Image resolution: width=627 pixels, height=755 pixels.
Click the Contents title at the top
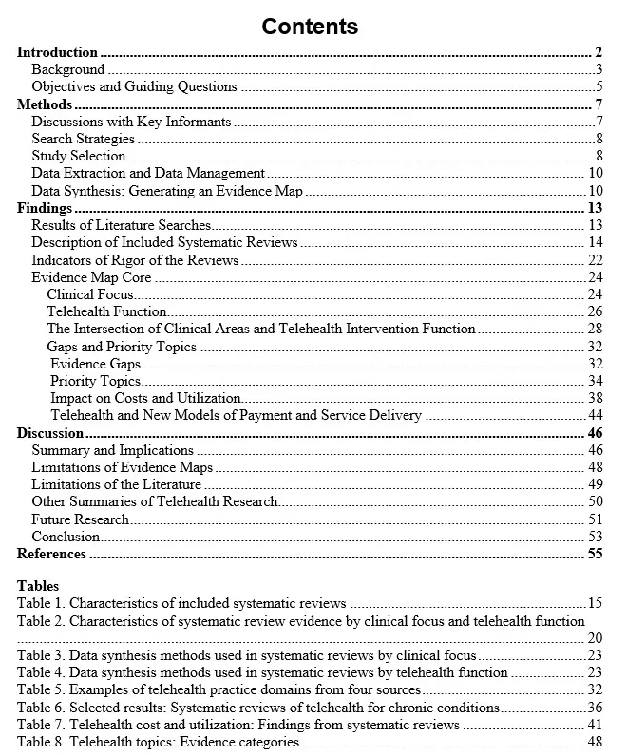pyautogui.click(x=310, y=26)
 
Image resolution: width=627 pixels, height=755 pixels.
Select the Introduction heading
pyautogui.click(x=57, y=52)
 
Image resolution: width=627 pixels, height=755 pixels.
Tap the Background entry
pyautogui.click(x=68, y=69)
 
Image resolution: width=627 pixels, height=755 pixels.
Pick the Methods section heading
pyautogui.click(x=45, y=104)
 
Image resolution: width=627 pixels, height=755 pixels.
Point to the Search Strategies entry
pyautogui.click(x=83, y=139)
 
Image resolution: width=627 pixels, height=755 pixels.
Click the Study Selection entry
pyautogui.click(x=78, y=156)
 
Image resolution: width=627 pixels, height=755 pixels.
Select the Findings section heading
pyautogui.click(x=45, y=208)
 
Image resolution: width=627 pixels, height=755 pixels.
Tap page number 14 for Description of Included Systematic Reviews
pyautogui.click(x=596, y=242)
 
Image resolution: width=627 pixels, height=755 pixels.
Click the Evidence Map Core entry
pyautogui.click(x=91, y=277)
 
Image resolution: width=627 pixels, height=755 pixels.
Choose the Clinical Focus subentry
pyautogui.click(x=90, y=294)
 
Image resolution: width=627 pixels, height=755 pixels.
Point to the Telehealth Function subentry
pyautogui.click(x=106, y=311)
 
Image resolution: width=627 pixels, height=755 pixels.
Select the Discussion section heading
pyautogui.click(x=50, y=433)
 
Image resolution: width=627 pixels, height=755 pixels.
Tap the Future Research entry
pyautogui.click(x=80, y=519)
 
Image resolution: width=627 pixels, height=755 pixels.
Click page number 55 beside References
pyautogui.click(x=596, y=554)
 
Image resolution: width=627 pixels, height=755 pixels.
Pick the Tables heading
pyautogui.click(x=38, y=586)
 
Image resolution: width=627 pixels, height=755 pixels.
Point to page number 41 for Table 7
pyautogui.click(x=595, y=725)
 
